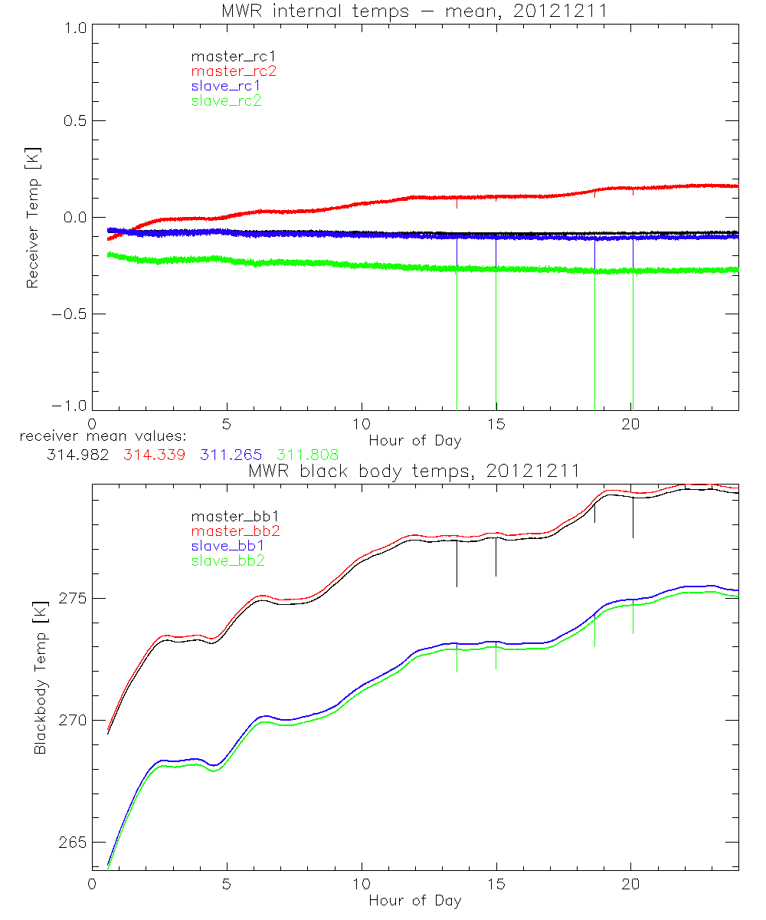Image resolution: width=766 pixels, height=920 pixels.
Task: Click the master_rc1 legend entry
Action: coord(226,56)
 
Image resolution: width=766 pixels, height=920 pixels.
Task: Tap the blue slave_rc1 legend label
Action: coord(226,86)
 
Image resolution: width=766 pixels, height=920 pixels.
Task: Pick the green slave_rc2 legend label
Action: coord(226,100)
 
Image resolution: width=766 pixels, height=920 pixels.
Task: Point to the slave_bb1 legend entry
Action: coord(226,546)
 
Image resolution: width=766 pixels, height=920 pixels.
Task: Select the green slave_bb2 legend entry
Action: coord(226,561)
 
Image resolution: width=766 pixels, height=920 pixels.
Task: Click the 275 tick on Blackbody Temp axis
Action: coord(69,598)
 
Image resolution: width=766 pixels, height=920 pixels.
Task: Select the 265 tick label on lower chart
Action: coord(69,843)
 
